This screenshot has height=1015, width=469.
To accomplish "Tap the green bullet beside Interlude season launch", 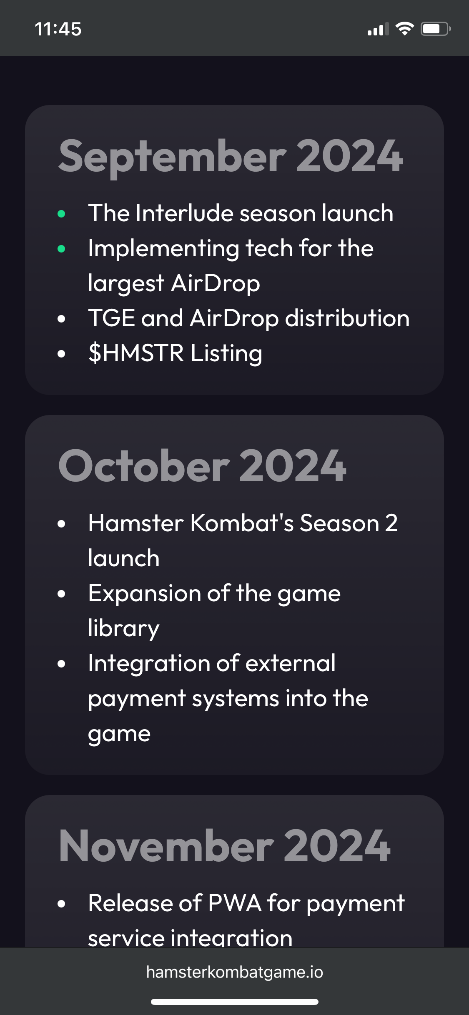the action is point(61,214).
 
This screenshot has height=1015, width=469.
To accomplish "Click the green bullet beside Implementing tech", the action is point(61,249).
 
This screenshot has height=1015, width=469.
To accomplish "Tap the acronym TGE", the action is point(112,318).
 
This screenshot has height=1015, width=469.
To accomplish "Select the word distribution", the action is point(347,318).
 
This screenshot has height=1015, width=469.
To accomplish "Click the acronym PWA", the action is point(234,903).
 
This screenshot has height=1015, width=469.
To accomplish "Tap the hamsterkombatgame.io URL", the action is point(234,972).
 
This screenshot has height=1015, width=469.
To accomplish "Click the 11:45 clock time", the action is point(58,29).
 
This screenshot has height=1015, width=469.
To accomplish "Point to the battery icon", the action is point(436,29).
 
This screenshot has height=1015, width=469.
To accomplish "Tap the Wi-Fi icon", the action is point(404,29).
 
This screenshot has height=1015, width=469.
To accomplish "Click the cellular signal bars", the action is point(378,29).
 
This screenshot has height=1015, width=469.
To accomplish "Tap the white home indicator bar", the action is point(235,1002).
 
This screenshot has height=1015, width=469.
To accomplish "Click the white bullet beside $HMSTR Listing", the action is point(61,354).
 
